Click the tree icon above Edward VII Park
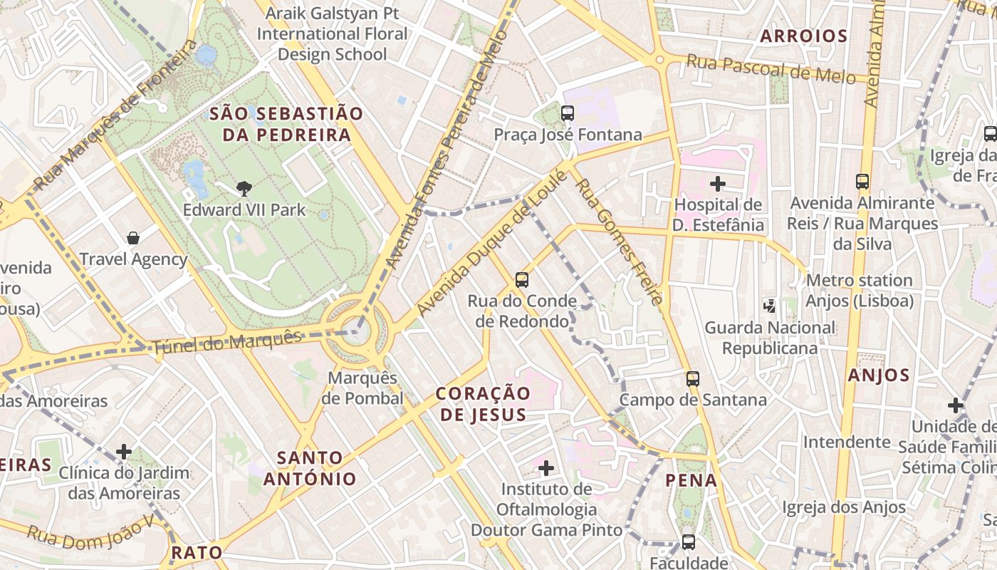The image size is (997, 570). [244, 188]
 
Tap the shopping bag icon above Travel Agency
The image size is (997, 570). [132, 237]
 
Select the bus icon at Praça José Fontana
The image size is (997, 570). [568, 113]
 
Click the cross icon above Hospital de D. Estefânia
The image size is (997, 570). [718, 184]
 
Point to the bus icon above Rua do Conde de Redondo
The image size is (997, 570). [522, 279]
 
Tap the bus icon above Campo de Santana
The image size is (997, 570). [693, 378]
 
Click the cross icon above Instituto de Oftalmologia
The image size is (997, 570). [546, 468]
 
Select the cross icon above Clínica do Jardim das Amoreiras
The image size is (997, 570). [124, 451]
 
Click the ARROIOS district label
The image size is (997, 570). [803, 36]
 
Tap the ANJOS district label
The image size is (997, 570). [879, 375]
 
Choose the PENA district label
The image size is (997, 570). [691, 480]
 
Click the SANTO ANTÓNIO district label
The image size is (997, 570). [310, 468]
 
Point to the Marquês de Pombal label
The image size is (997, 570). [362, 388]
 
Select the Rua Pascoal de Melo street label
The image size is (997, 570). [771, 69]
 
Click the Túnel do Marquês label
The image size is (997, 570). [226, 343]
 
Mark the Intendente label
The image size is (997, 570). [847, 442]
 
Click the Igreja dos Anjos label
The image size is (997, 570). [844, 507]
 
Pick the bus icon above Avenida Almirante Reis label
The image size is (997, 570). [862, 181]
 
